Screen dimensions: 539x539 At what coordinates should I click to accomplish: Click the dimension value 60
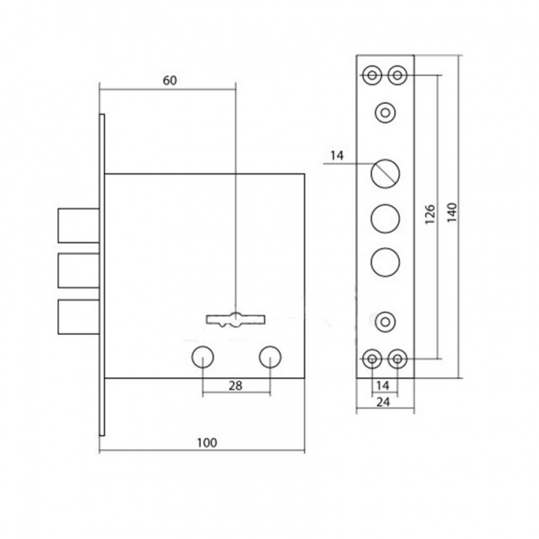[x=170, y=81]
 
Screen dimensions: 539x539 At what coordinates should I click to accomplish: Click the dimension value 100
[x=207, y=443]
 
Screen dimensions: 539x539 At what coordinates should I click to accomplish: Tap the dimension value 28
[x=236, y=386]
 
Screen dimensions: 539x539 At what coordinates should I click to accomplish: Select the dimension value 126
[x=430, y=214]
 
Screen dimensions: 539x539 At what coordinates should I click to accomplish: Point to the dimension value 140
[x=452, y=213]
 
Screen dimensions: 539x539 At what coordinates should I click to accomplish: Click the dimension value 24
[x=383, y=402]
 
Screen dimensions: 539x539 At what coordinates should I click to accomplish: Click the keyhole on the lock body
[x=236, y=320]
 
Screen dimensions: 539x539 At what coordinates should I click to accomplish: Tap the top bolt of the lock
[x=79, y=226]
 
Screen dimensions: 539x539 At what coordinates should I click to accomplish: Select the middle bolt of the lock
[x=79, y=270]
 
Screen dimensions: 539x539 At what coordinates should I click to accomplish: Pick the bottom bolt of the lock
[x=79, y=316]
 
